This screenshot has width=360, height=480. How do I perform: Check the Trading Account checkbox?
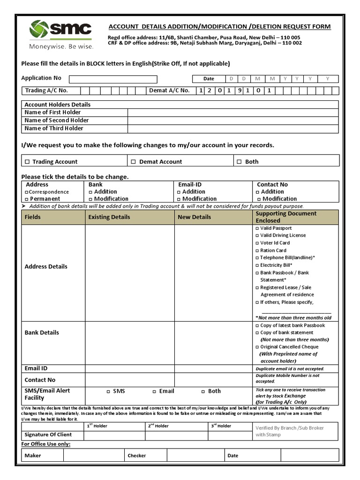click(x=27, y=162)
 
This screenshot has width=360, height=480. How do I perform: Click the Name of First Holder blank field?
click(x=232, y=112)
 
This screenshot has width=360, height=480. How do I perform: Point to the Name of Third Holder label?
click(x=54, y=128)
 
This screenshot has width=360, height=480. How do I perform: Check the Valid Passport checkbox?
click(x=257, y=228)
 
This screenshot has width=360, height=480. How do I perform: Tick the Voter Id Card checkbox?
click(x=257, y=243)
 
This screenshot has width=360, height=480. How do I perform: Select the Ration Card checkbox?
click(x=257, y=251)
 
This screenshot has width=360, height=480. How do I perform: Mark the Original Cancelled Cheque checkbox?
click(x=257, y=347)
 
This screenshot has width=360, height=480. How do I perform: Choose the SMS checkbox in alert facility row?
click(x=108, y=391)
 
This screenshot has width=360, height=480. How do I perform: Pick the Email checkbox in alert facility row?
click(x=154, y=391)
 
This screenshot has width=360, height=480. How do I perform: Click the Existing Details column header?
click(x=109, y=217)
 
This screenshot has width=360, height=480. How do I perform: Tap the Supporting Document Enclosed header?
click(x=286, y=217)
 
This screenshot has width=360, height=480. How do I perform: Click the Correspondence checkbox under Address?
click(x=26, y=192)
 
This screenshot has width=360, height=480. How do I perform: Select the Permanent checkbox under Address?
click(x=26, y=199)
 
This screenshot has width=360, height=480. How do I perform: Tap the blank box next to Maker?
click(x=93, y=455)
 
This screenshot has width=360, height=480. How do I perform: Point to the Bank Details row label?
click(x=42, y=333)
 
